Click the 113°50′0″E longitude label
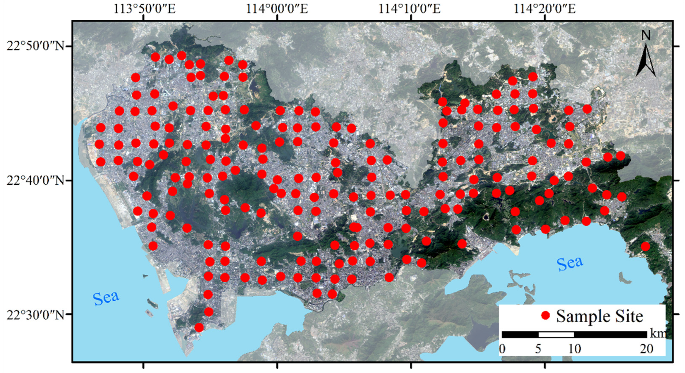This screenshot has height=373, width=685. point(144,9)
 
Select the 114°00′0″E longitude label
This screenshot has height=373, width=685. point(277,9)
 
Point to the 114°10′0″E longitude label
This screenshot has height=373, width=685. point(409,9)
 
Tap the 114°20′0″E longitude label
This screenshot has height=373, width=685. point(544,9)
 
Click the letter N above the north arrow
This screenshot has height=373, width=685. point(646,35)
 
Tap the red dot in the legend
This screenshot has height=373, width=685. point(545,316)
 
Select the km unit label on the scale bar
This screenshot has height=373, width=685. point(658,334)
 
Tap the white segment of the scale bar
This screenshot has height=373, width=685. point(556,334)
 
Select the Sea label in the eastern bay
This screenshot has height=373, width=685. point(570,263)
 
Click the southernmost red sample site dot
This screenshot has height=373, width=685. point(199,327)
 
